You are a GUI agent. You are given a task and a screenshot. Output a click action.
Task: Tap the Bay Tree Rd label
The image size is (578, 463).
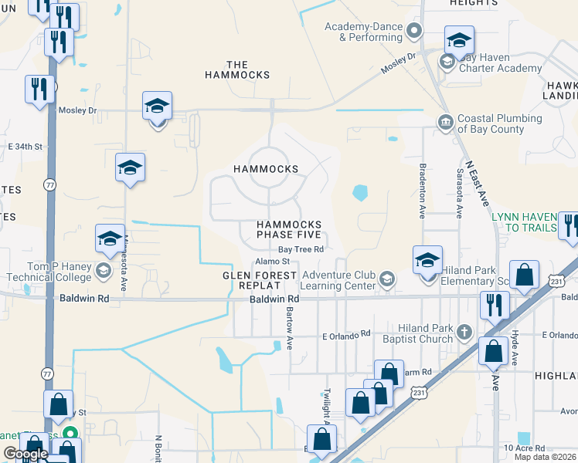[x=301, y=249]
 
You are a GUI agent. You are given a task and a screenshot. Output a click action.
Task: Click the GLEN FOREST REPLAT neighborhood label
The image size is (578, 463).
[x=260, y=280]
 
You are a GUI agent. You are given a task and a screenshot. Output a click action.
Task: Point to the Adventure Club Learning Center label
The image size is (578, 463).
[x=339, y=280]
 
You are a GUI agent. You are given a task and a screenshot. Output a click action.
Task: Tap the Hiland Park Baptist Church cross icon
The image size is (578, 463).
[x=464, y=332]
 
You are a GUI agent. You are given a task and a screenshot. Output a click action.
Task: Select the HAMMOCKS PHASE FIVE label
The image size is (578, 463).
[x=290, y=229]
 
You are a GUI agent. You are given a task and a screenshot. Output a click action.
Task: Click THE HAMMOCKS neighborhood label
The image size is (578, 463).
[x=237, y=69]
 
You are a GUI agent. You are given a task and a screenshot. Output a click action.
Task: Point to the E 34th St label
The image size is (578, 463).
[x=23, y=146]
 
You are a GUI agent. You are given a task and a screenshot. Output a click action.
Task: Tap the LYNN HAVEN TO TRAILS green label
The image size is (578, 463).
[x=525, y=222]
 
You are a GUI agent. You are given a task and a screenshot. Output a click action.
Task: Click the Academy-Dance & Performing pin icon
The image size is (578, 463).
[x=414, y=31]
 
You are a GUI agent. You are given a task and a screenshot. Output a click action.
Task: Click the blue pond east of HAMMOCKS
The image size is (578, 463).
[x=359, y=192]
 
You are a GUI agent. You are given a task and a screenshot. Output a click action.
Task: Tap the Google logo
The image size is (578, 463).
[x=25, y=455]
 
